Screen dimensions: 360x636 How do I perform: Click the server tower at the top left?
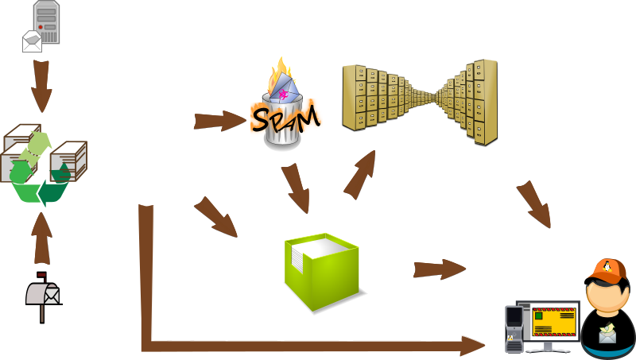coord(47,21)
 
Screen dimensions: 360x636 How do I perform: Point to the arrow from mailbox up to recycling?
coord(42,236)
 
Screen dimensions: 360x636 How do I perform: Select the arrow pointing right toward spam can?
coord(219,121)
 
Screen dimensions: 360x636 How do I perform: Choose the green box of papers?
coord(322,274)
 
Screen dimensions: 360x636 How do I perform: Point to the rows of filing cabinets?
coord(420,99)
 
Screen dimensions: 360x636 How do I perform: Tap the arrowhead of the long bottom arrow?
coord(473,346)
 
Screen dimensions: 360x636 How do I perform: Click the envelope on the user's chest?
coord(608,335)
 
